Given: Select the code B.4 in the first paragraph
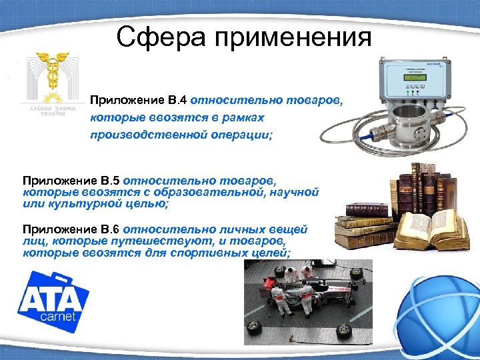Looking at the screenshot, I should click(177, 101).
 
